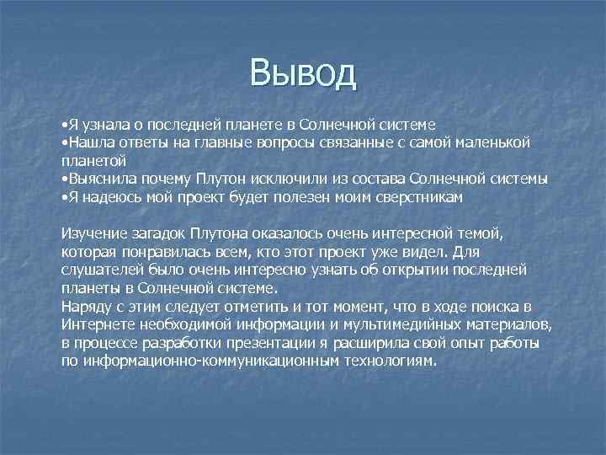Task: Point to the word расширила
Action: [368, 343]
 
